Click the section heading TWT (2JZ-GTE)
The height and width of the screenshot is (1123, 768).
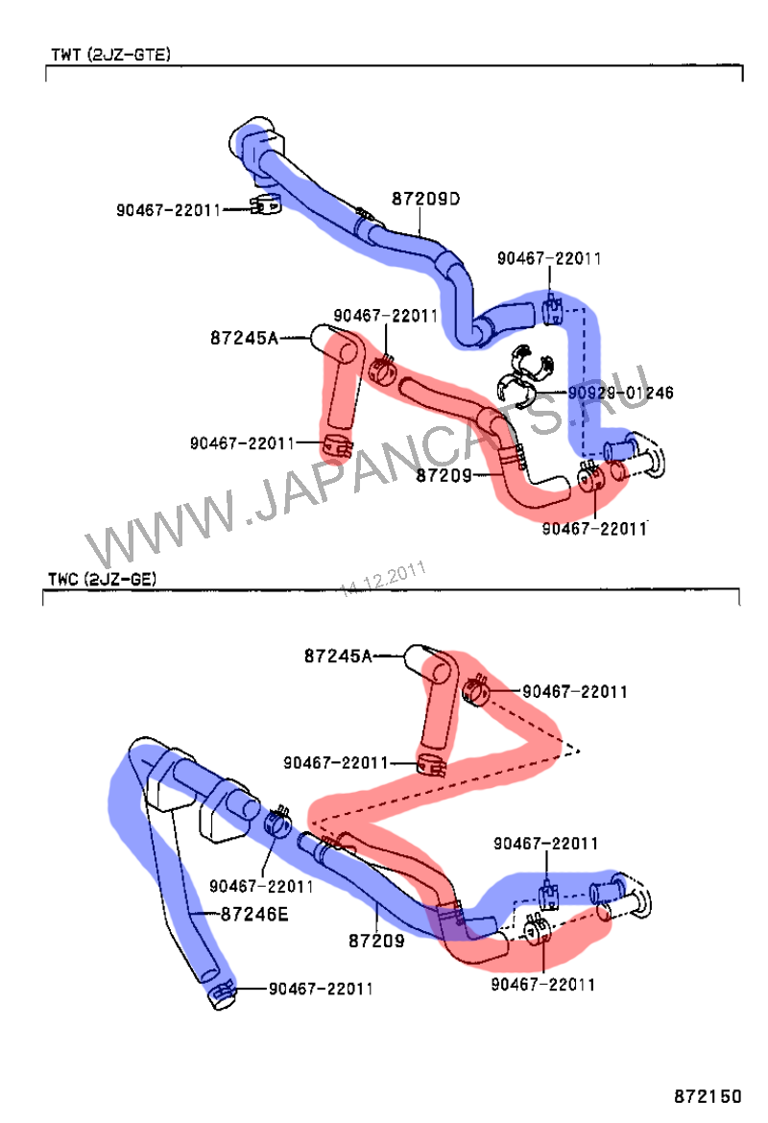(x=110, y=55)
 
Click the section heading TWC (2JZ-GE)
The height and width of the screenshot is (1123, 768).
(x=102, y=579)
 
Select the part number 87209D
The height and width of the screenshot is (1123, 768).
(x=425, y=199)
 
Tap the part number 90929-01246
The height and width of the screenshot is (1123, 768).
(x=620, y=393)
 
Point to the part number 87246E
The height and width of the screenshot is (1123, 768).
(x=254, y=914)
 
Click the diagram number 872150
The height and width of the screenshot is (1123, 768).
(x=708, y=1096)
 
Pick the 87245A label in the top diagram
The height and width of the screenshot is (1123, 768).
(x=244, y=337)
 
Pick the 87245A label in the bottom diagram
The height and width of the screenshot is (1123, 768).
(x=338, y=656)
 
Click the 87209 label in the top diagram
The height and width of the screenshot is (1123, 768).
(x=444, y=475)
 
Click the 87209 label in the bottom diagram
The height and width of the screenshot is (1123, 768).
(x=376, y=941)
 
